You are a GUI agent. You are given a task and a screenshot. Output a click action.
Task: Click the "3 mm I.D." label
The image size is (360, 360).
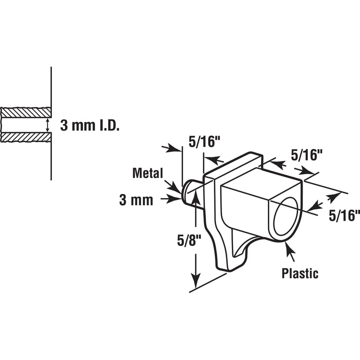[x=90, y=126]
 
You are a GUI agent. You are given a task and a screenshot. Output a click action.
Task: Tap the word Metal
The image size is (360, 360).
[x=147, y=173]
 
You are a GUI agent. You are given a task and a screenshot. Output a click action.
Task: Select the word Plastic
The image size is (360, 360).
[x=300, y=273]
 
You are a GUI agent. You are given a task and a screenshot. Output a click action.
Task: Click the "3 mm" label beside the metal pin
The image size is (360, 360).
[x=136, y=200]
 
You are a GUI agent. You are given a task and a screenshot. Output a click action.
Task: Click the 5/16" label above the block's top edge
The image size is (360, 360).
[x=307, y=154]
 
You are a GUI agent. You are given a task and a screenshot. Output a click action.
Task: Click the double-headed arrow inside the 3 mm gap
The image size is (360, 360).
[x=48, y=125]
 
